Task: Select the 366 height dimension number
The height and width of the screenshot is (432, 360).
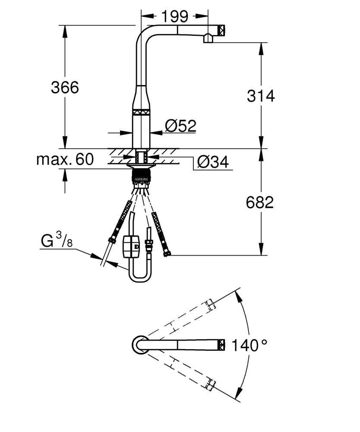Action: [65, 87]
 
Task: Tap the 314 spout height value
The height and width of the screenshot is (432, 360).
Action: [261, 96]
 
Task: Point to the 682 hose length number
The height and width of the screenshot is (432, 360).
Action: [260, 202]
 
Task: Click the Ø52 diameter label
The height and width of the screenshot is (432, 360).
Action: [180, 126]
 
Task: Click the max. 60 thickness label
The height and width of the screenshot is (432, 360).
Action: [65, 159]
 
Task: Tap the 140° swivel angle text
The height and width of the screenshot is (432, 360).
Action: [249, 346]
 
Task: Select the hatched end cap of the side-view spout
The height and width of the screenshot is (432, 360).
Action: [222, 30]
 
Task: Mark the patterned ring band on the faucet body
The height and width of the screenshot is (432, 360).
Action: [142, 112]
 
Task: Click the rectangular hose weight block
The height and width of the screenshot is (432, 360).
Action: [131, 246]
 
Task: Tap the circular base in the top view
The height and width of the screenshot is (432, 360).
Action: [140, 344]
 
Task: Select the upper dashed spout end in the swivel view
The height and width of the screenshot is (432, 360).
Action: [210, 305]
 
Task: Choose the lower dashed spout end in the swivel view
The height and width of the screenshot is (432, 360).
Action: [210, 384]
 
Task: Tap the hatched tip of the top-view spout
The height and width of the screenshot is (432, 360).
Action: [222, 344]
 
